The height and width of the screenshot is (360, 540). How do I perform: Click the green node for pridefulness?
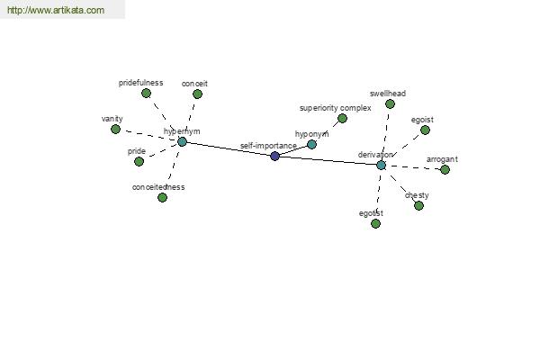pos(146,93)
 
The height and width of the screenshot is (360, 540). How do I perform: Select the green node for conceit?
pos(197,94)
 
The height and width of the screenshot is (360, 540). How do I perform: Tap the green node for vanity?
pos(115,129)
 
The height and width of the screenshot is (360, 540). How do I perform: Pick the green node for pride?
pos(139,161)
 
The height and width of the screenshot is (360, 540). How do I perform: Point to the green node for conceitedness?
pos(162,197)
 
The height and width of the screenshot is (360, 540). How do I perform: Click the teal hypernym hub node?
pos(182,141)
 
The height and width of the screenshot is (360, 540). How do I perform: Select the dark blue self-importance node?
pos(274,156)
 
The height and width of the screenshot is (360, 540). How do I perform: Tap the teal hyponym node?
pos(311,144)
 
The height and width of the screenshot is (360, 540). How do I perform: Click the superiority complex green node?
pos(342,118)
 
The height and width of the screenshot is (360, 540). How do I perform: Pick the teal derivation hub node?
pos(381,165)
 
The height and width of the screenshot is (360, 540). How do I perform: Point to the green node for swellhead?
pos(390,103)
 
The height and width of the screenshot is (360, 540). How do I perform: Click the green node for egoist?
pos(425,130)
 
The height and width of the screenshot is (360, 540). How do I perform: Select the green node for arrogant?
pos(445,169)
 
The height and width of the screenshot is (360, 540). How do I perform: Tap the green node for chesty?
pos(418,205)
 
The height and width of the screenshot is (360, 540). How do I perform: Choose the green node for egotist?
pos(375,223)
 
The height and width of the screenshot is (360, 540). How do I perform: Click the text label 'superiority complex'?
pos(335,108)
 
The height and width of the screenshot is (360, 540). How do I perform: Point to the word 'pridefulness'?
pos(140,83)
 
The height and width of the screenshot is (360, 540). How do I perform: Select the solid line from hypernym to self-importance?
pos(228,148)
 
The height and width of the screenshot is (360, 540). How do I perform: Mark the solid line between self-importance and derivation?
pos(328,160)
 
